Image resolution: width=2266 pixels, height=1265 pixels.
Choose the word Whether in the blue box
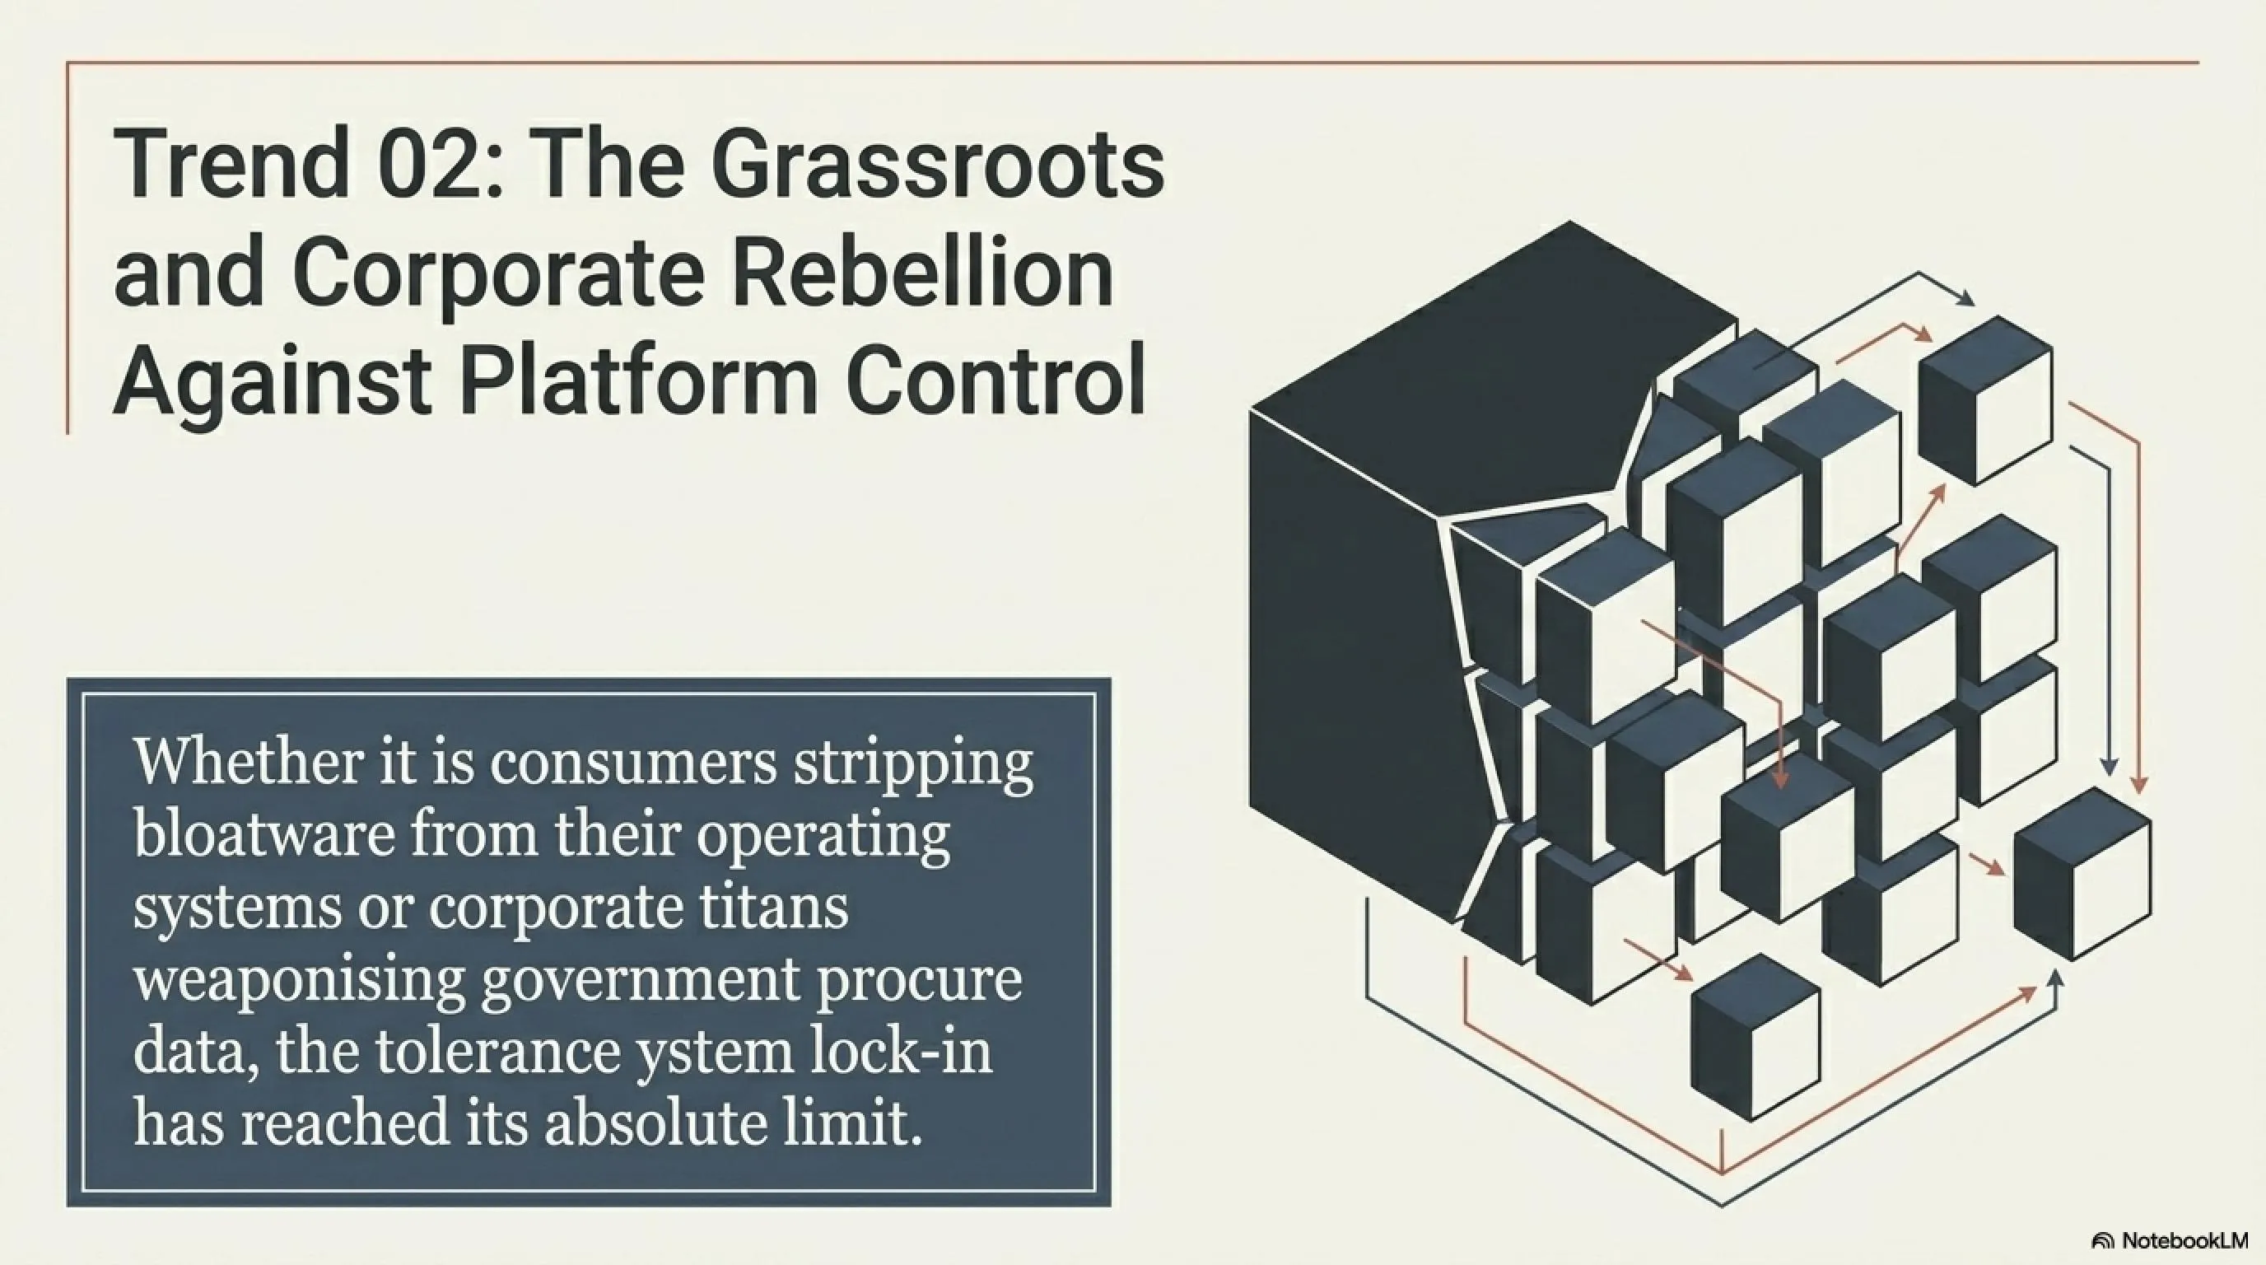pyautogui.click(x=247, y=761)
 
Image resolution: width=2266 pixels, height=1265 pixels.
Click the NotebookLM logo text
pyautogui.click(x=2185, y=1240)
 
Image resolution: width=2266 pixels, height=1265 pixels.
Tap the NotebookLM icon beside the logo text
pyautogui.click(x=2103, y=1241)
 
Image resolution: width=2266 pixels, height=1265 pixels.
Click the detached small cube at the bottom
pyautogui.click(x=1755, y=1036)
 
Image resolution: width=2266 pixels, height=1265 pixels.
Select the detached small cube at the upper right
pyautogui.click(x=1985, y=400)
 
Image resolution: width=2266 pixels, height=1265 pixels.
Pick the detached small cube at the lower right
pyautogui.click(x=2082, y=874)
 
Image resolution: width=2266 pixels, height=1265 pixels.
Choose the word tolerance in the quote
pyautogui.click(x=497, y=1050)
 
